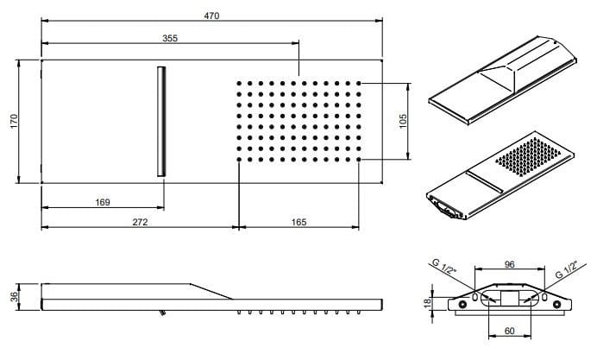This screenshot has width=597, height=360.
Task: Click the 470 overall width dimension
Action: point(211,15)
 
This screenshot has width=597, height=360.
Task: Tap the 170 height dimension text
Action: point(12,122)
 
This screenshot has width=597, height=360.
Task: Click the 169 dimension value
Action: point(102,202)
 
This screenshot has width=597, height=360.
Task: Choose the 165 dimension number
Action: point(298,222)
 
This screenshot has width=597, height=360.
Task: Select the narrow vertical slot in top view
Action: point(161,122)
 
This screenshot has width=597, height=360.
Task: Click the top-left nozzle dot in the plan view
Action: point(238,84)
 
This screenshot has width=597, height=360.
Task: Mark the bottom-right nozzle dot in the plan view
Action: point(359,159)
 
